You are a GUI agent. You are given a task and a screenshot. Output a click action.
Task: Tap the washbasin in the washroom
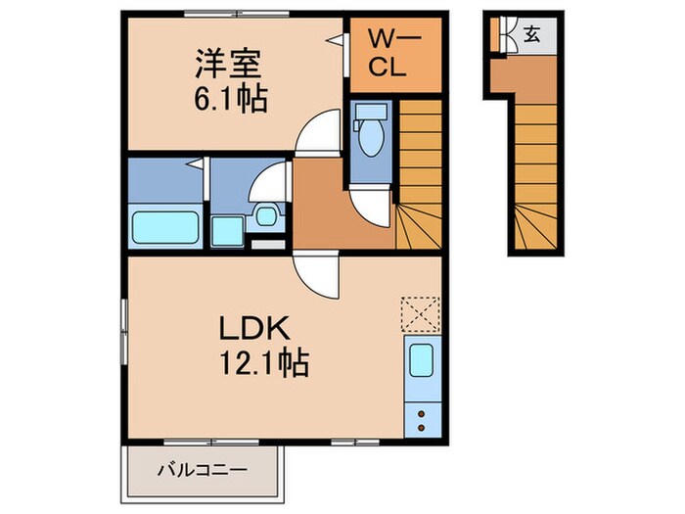pyautogui.click(x=265, y=216)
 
